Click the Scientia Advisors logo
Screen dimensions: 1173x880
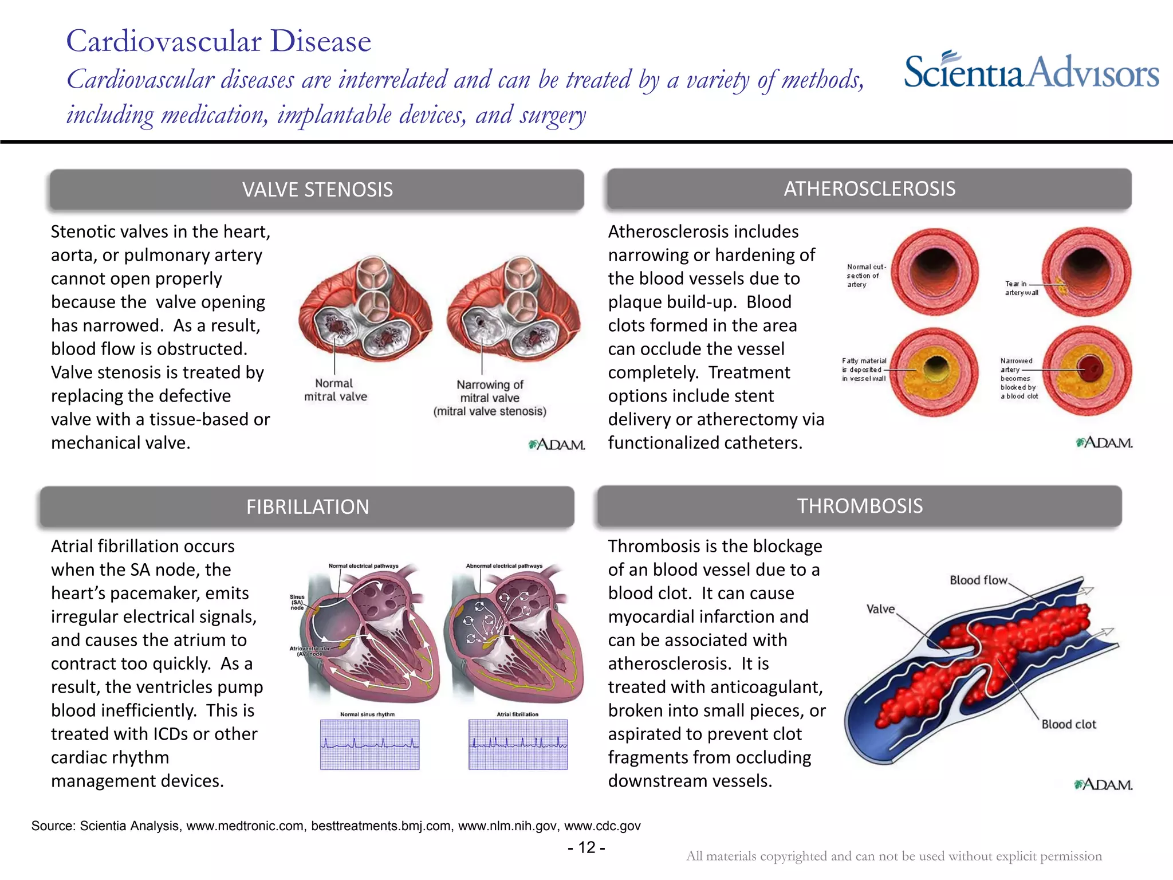click(1031, 72)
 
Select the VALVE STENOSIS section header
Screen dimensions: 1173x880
click(317, 190)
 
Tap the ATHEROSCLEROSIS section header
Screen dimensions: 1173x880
click(869, 188)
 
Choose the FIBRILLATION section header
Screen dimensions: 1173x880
click(307, 507)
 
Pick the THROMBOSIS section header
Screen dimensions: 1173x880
click(859, 506)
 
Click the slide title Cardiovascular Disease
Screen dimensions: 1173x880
click(218, 41)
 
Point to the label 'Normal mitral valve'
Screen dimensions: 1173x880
click(335, 390)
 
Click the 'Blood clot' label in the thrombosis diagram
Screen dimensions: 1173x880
click(1068, 724)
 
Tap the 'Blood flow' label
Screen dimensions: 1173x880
click(978, 580)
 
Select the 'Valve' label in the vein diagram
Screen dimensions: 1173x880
click(880, 608)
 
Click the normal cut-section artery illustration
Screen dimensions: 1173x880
click(935, 271)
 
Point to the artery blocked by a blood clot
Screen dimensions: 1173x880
click(1087, 371)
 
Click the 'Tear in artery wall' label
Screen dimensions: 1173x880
click(1021, 288)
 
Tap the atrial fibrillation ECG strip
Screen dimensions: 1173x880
click(518, 744)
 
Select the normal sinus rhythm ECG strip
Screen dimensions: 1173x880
click(369, 744)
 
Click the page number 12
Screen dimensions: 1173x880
click(586, 847)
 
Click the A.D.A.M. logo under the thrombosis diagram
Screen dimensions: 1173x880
click(1103, 784)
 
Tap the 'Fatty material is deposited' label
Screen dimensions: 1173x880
click(864, 370)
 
